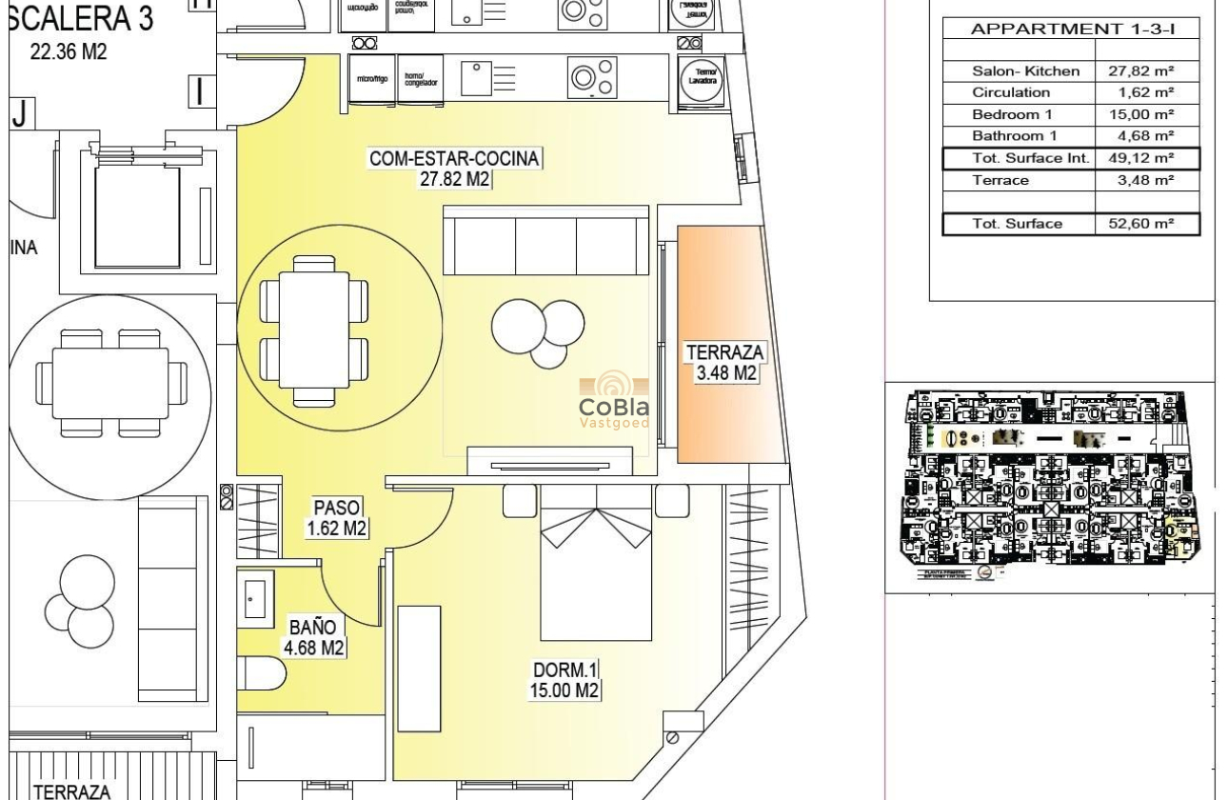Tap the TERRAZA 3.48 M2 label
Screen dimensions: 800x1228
coord(725,363)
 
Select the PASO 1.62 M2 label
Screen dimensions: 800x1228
coord(336,518)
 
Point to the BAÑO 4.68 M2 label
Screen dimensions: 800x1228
coord(315,637)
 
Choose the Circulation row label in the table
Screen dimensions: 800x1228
coord(1011,92)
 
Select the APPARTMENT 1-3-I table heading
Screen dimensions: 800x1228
coord(1071,29)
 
